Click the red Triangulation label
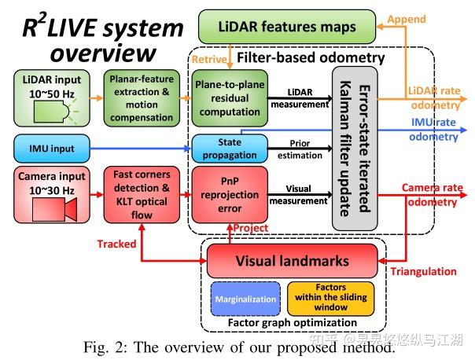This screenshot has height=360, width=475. click(423, 271)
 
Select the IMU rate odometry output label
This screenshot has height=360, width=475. click(436, 130)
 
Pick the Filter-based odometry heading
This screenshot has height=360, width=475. click(311, 57)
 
